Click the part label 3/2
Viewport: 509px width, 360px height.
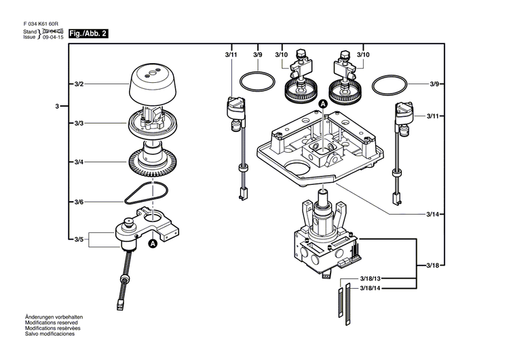tap(79, 84)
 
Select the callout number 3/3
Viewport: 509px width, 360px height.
tap(79, 124)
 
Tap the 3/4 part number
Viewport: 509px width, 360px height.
tap(79, 163)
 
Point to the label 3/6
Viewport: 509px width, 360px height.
tap(79, 202)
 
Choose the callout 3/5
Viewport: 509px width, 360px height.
tap(79, 238)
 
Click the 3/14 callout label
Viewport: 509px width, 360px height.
tap(432, 215)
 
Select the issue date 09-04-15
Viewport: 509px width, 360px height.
tap(54, 39)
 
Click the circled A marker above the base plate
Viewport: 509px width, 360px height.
tap(323, 104)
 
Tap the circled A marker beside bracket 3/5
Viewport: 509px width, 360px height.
tap(153, 242)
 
